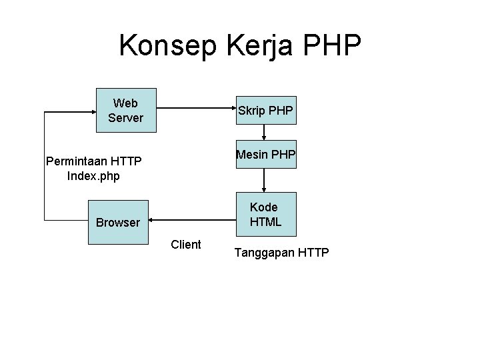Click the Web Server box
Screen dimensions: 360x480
click(x=125, y=110)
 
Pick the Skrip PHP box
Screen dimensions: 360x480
click(x=265, y=109)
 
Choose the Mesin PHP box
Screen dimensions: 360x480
click(x=265, y=155)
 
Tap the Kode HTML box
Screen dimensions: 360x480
click(x=265, y=215)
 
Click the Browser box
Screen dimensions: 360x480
click(x=118, y=222)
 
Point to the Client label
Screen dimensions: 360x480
click(x=186, y=245)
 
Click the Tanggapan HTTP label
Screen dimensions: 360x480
click(x=281, y=253)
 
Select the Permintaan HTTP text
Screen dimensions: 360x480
click(x=93, y=162)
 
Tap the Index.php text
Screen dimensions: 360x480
click(x=93, y=176)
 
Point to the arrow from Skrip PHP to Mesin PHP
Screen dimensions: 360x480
click(x=264, y=132)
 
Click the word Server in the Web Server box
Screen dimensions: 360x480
click(x=125, y=118)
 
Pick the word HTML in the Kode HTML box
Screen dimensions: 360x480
click(x=265, y=221)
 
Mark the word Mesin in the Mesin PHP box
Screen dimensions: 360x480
click(x=251, y=155)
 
